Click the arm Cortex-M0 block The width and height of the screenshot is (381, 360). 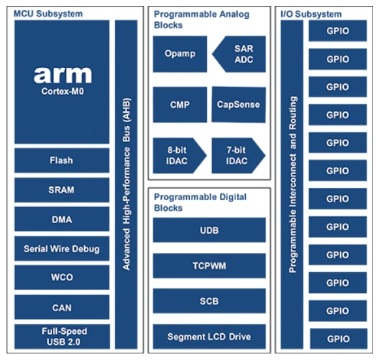(x=61, y=82)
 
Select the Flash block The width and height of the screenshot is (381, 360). (x=61, y=160)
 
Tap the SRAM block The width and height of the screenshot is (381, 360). (x=61, y=190)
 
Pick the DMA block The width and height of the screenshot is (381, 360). (x=61, y=219)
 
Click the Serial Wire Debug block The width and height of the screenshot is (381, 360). (x=61, y=248)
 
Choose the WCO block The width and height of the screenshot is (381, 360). (x=61, y=277)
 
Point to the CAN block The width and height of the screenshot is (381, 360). (x=61, y=307)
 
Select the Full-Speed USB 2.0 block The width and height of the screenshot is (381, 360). (x=61, y=337)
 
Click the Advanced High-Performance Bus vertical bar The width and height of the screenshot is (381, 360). (x=126, y=185)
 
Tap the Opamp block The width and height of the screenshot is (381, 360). (x=179, y=54)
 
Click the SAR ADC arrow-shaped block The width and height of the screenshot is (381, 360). (x=239, y=54)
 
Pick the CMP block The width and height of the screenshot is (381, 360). (x=179, y=104)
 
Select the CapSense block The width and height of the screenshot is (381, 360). (x=238, y=104)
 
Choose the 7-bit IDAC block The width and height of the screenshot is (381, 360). (x=237, y=155)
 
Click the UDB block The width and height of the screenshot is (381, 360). (x=209, y=230)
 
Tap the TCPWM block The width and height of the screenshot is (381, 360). (x=209, y=265)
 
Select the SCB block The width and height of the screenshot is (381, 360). (x=209, y=301)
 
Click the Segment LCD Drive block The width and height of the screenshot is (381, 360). (x=209, y=337)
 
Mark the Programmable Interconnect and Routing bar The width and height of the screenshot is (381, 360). (x=293, y=185)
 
